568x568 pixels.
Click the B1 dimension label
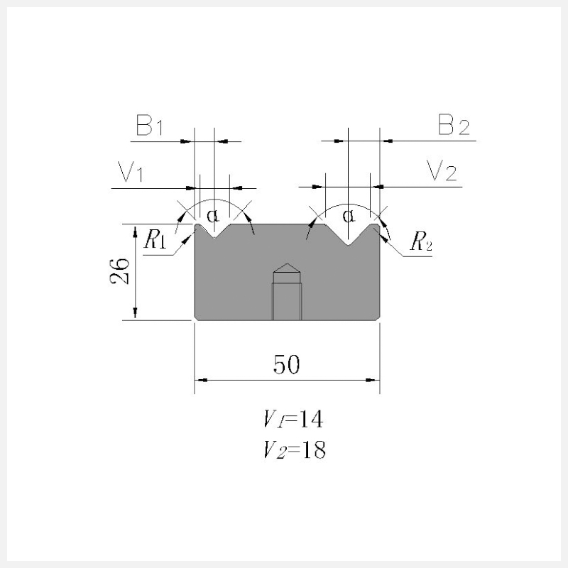[149, 126]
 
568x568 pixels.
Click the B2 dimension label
[454, 125]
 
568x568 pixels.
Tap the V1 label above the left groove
[131, 171]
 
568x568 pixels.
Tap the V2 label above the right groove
[442, 170]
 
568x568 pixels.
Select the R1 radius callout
[155, 239]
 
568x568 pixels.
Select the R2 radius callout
[421, 241]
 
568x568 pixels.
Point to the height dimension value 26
[119, 271]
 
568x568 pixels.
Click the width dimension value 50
[287, 364]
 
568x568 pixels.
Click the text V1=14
[293, 419]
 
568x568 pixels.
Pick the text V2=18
[295, 450]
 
